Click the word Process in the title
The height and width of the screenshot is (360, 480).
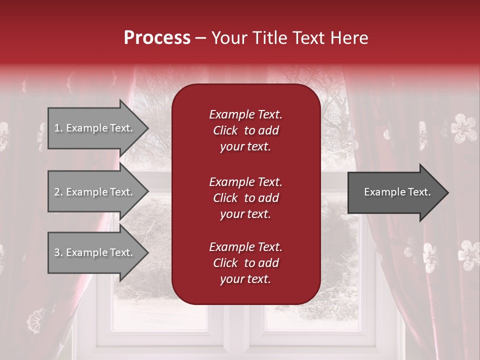pyautogui.click(x=157, y=38)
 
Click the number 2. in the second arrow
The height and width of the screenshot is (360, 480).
pyautogui.click(x=58, y=192)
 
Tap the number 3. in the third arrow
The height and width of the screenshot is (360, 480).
pyautogui.click(x=58, y=252)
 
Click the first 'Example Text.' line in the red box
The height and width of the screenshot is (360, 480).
pyautogui.click(x=245, y=114)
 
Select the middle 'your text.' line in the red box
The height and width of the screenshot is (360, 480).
pyautogui.click(x=245, y=214)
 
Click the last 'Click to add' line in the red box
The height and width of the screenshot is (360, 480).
pyautogui.click(x=245, y=263)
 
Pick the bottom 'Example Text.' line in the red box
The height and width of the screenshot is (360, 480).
pyautogui.click(x=245, y=247)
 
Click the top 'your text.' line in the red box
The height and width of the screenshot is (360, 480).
pyautogui.click(x=245, y=147)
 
